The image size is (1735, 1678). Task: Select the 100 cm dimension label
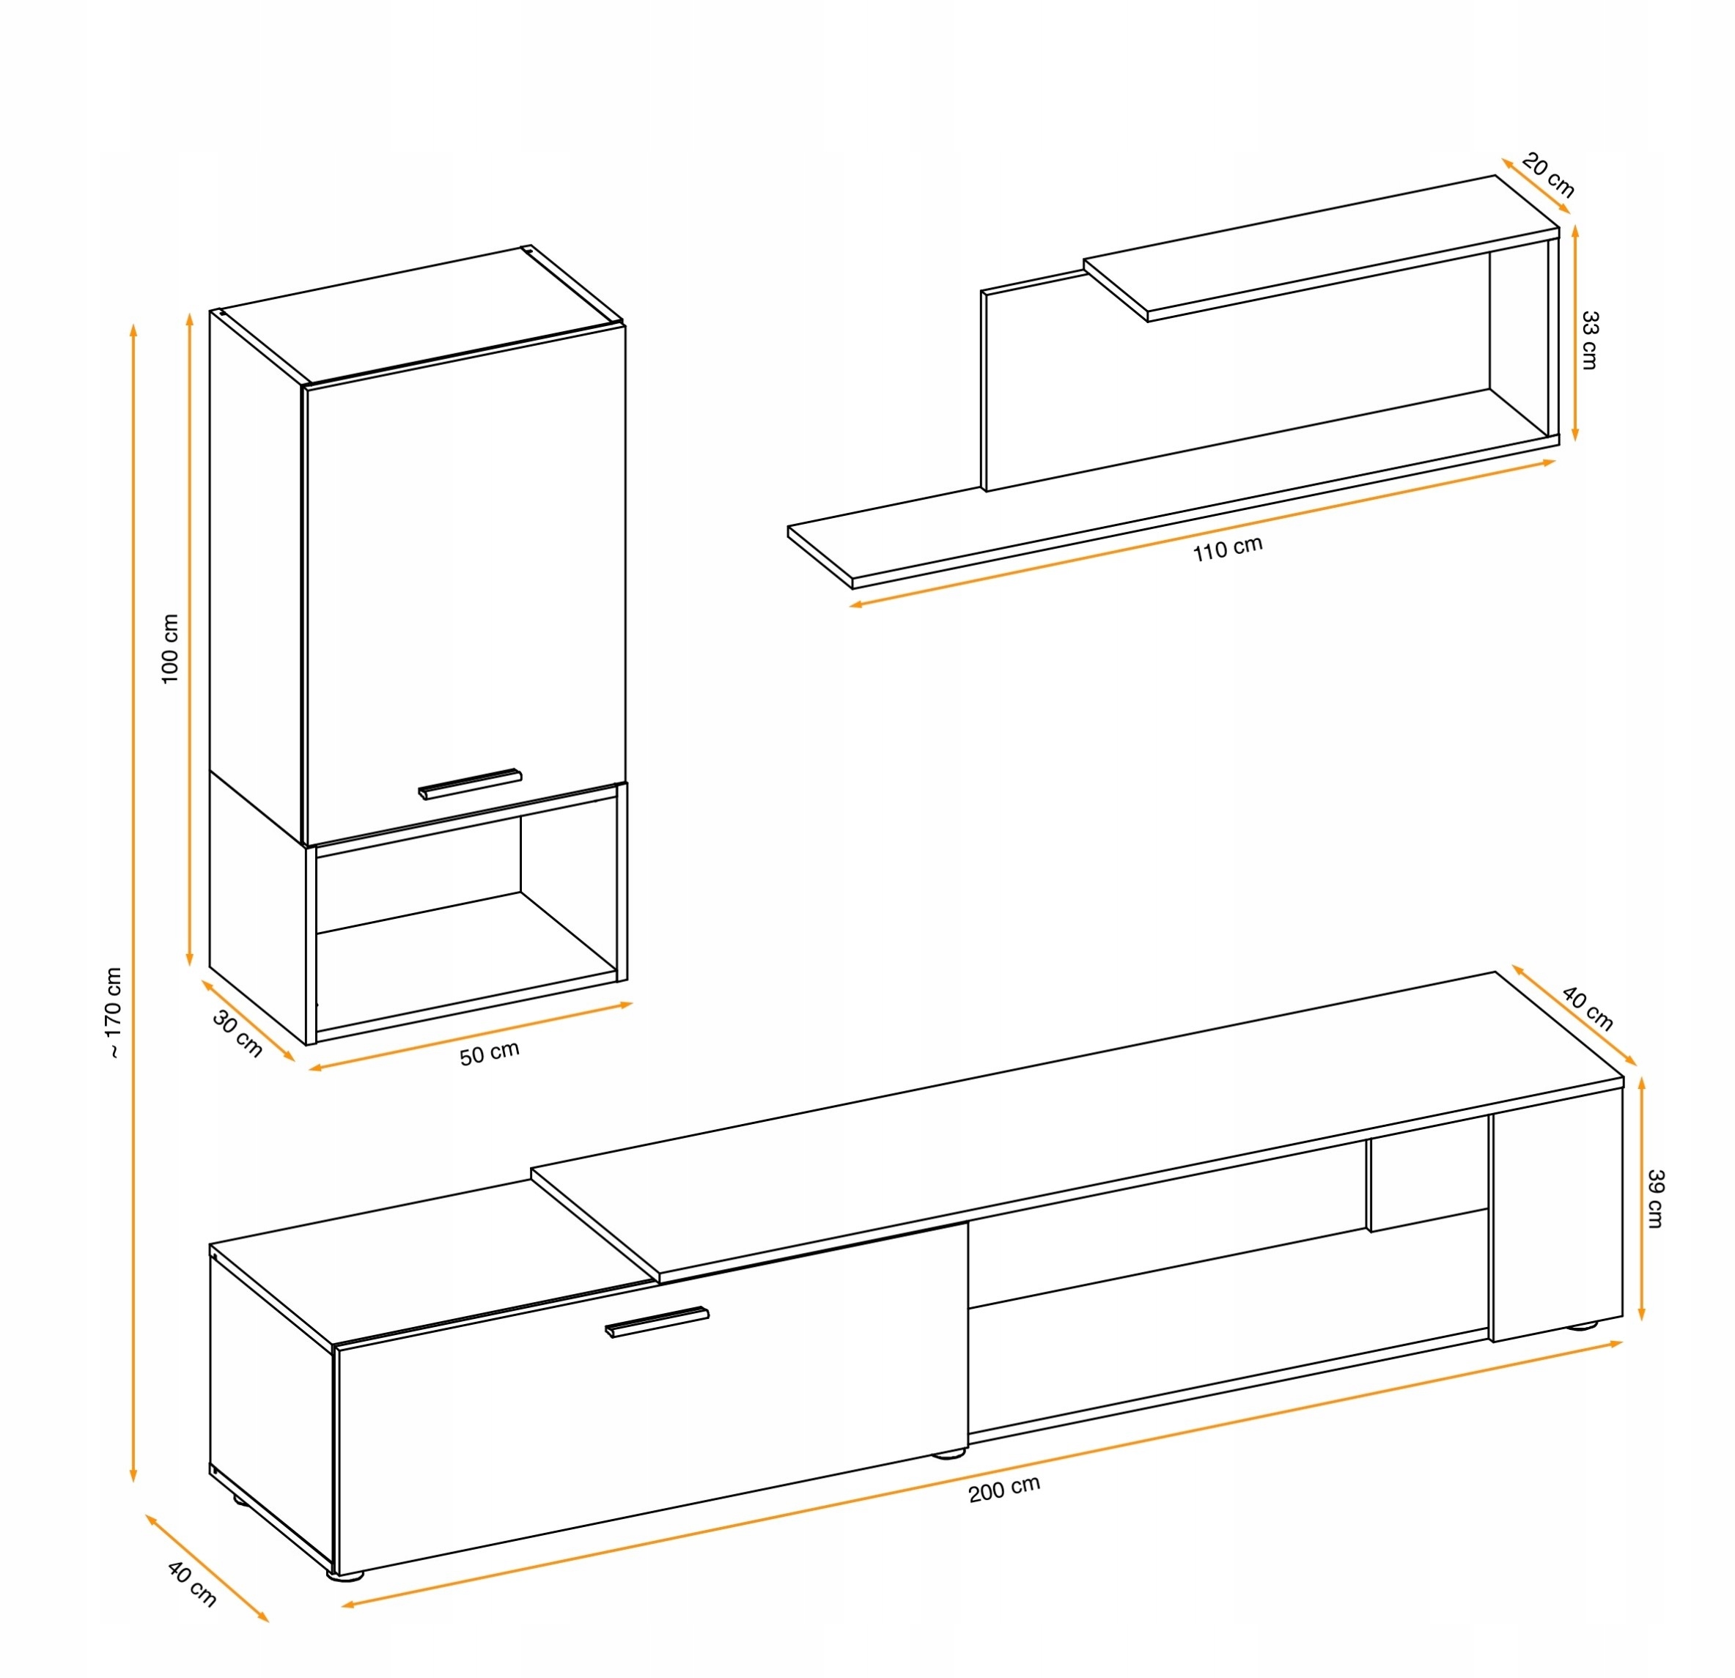click(170, 648)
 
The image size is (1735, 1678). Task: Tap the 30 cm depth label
click(238, 1034)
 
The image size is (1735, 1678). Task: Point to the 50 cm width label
click(490, 1053)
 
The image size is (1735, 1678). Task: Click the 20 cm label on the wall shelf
click(1548, 174)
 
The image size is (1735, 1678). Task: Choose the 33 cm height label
click(1589, 340)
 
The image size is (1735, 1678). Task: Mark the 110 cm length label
click(1227, 549)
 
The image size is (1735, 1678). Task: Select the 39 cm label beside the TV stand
click(1655, 1198)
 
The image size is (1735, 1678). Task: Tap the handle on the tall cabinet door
click(470, 783)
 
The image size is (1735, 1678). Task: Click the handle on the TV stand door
click(657, 1321)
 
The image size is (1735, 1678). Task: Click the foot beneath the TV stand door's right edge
click(950, 1453)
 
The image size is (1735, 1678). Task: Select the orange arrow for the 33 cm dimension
click(1574, 333)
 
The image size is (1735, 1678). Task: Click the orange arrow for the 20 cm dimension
click(1536, 186)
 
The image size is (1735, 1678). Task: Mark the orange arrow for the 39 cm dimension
click(1642, 1198)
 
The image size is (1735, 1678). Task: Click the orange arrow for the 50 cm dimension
click(470, 1036)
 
